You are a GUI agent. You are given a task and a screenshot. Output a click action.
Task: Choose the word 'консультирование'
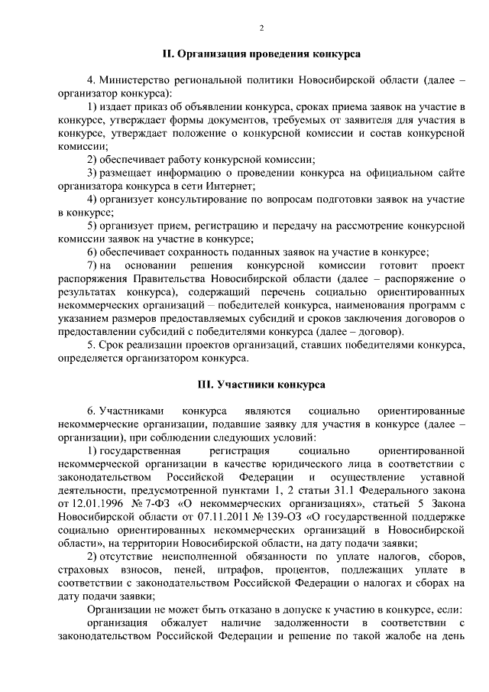[x=184, y=199]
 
